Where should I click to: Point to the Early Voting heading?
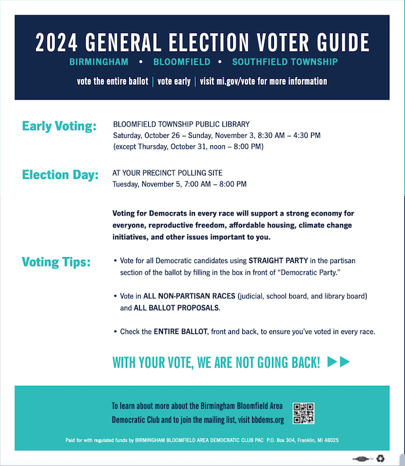click(x=59, y=126)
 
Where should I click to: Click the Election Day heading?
click(x=60, y=175)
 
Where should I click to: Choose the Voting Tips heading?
click(x=56, y=262)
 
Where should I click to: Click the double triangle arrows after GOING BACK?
click(x=338, y=362)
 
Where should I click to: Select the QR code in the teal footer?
click(x=303, y=413)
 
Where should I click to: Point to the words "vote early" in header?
click(x=174, y=82)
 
